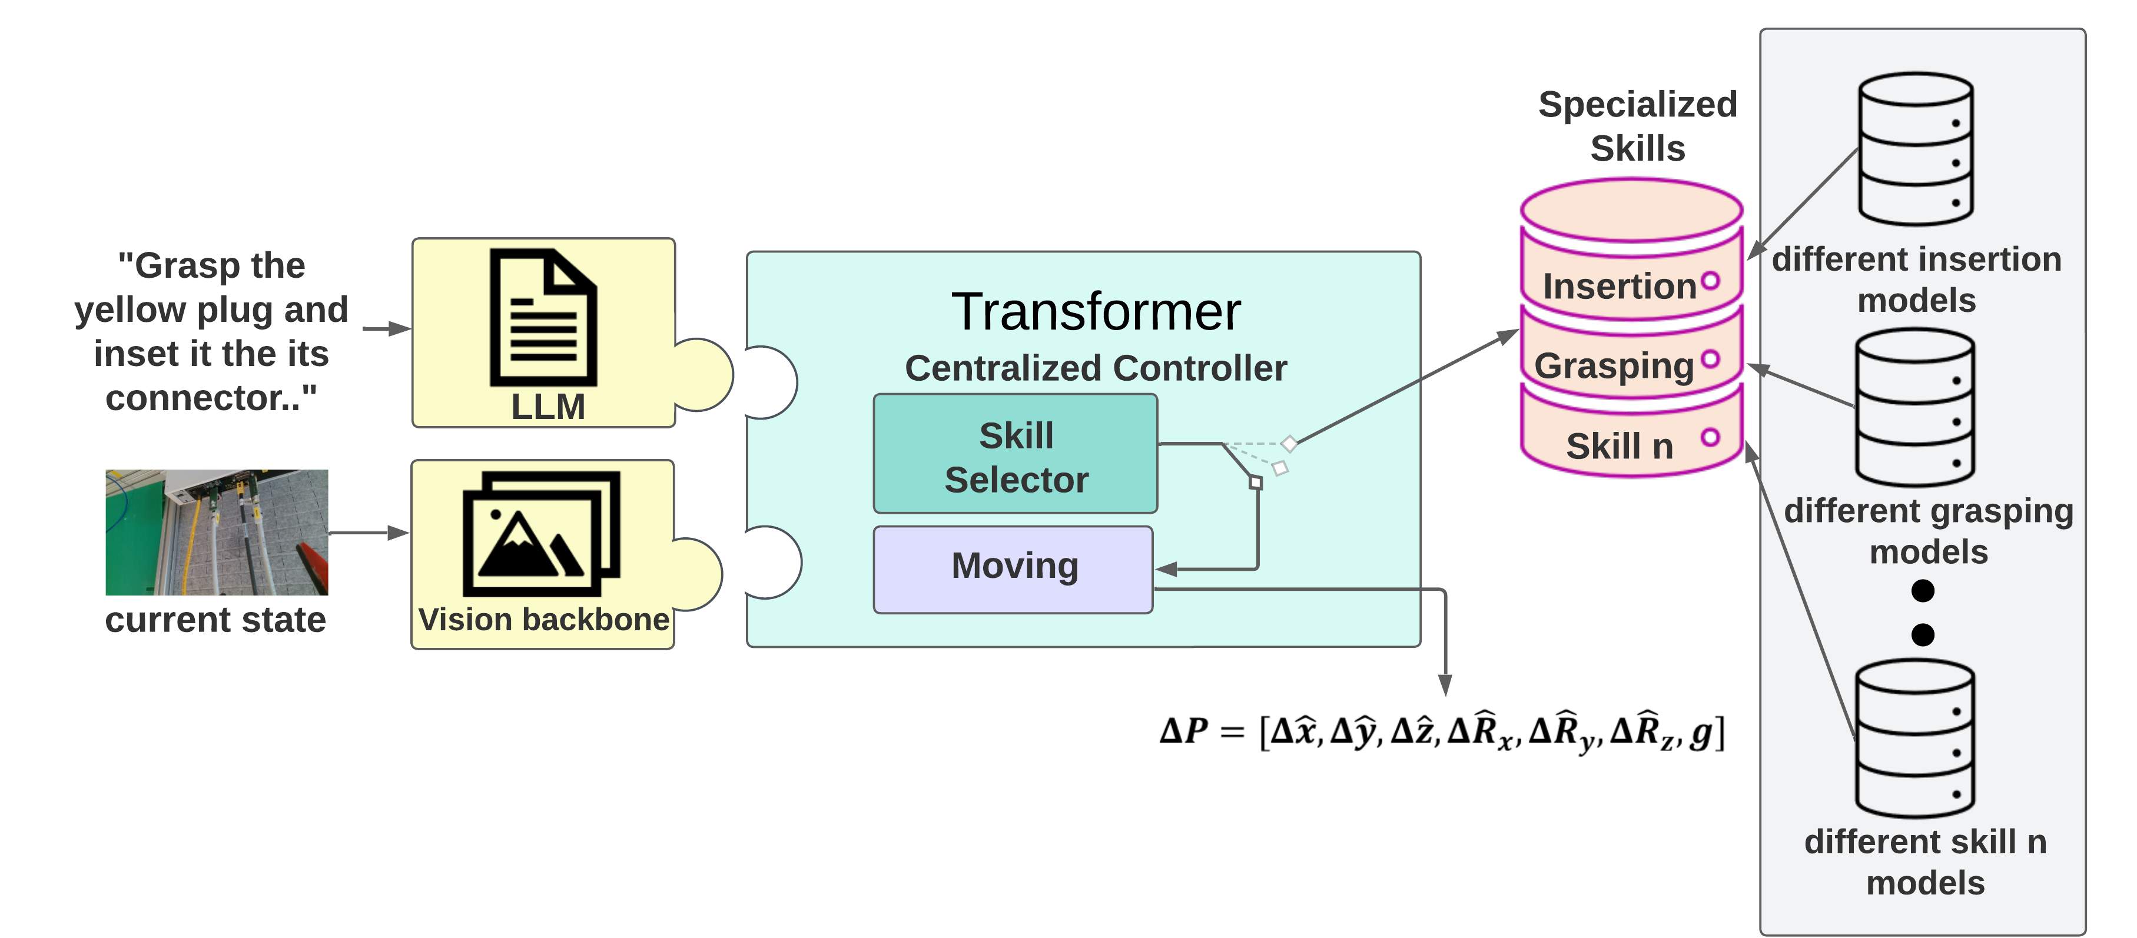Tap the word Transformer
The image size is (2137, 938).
1095,312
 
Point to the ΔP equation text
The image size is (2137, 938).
1442,731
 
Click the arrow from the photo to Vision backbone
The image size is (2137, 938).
369,533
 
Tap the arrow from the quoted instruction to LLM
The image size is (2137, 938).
387,328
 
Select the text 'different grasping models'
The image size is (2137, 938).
1928,531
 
